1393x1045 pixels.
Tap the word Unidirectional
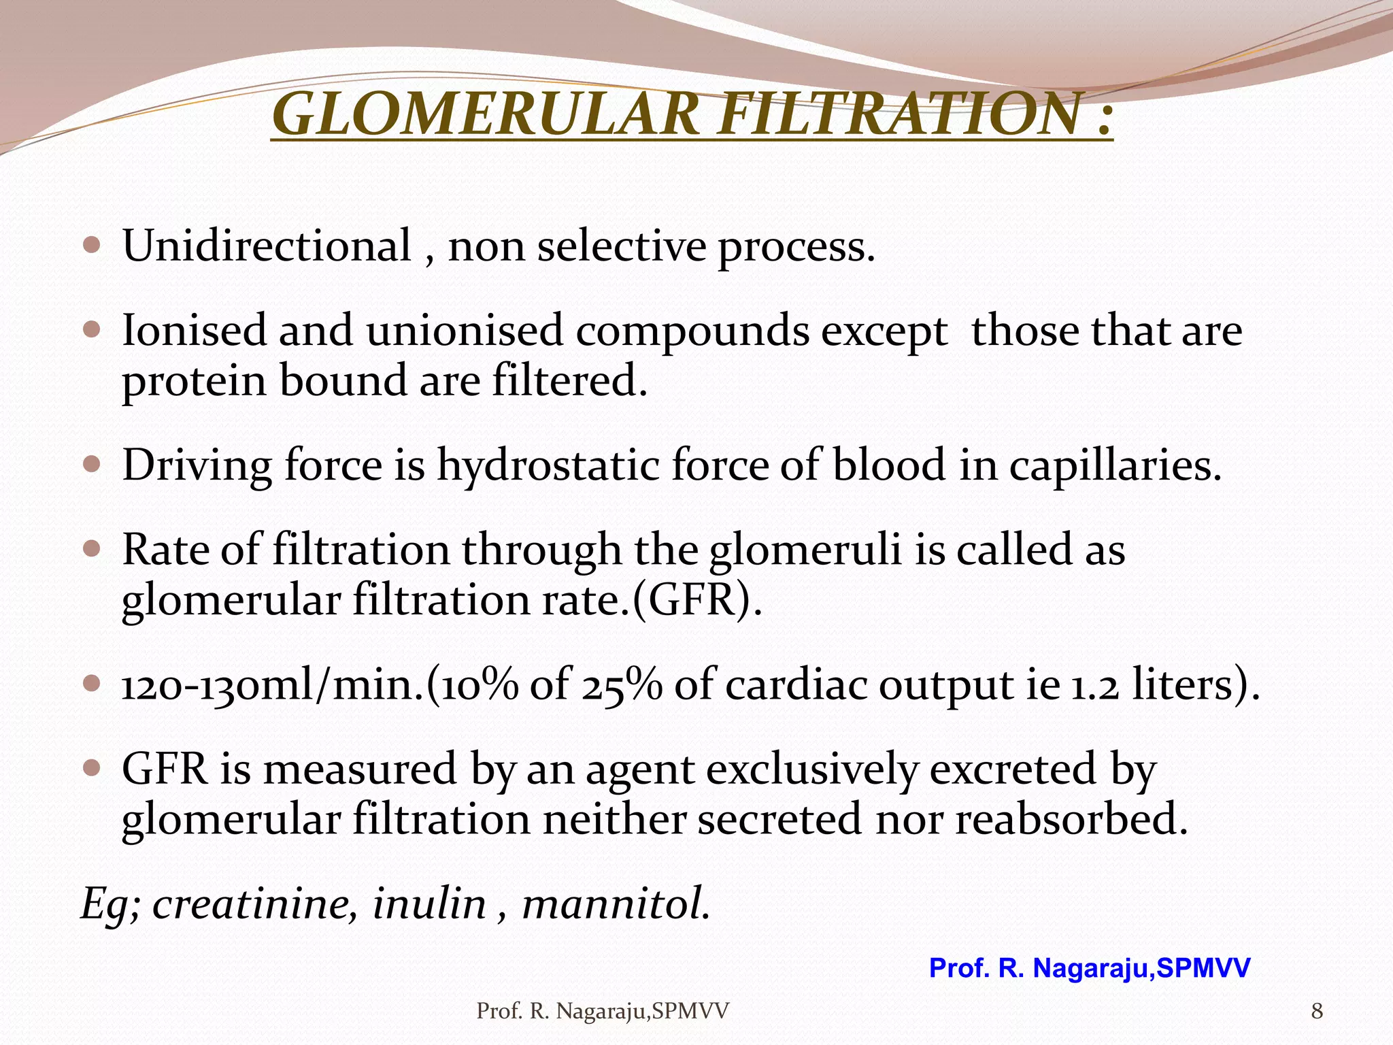pos(266,246)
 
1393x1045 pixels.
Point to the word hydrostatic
pos(548,466)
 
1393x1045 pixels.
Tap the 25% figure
pos(622,685)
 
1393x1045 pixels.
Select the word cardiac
pos(794,685)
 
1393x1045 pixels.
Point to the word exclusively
pos(812,770)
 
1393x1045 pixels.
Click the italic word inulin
pos(429,905)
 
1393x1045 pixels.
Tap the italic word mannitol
pos(616,905)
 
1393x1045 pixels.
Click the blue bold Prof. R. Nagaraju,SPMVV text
pos(1089,968)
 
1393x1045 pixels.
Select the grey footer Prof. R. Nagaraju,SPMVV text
pos(603,1012)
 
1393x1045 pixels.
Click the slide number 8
pos(1317,1012)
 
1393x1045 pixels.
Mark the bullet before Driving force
pos(91,465)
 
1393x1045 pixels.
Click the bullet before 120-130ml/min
pos(91,683)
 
